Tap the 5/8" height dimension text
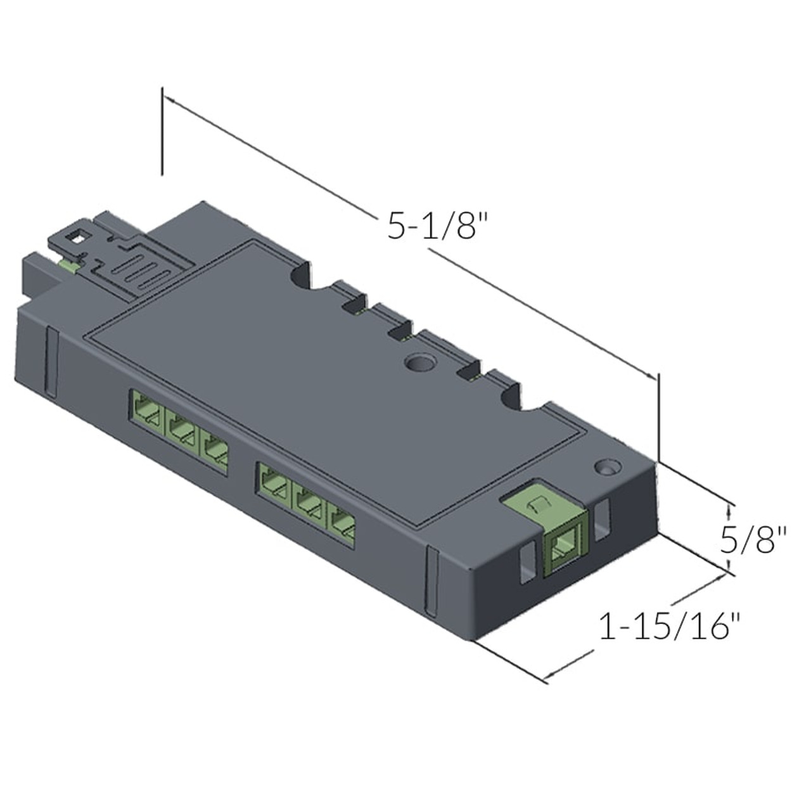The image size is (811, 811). tap(753, 540)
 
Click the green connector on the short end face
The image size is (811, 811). tap(561, 546)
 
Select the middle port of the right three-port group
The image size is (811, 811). tap(309, 504)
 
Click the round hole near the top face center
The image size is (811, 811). tap(418, 363)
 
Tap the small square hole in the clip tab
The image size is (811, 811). tap(76, 239)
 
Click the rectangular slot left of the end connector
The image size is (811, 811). tap(526, 564)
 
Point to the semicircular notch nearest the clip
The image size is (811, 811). tap(302, 276)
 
